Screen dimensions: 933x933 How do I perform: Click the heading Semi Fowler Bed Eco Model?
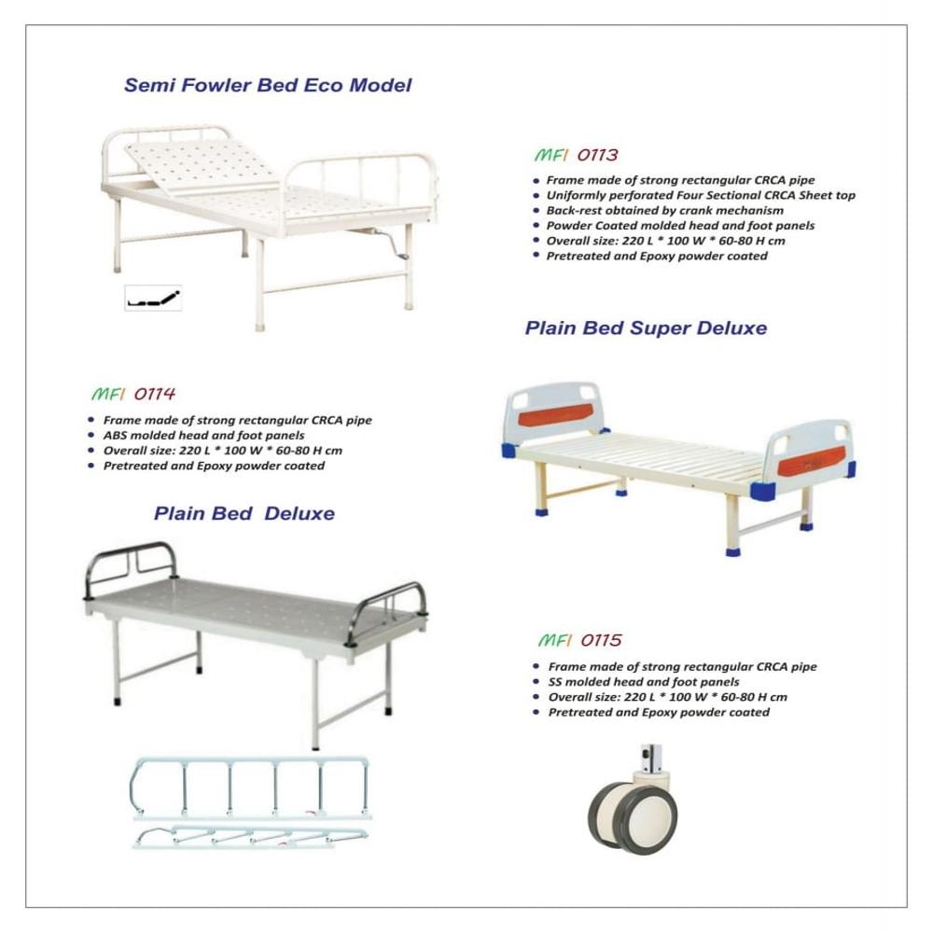pos(268,86)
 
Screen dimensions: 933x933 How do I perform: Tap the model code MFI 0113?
pos(576,155)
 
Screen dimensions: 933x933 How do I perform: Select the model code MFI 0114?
pos(133,394)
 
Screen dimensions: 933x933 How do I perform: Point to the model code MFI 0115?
pos(579,641)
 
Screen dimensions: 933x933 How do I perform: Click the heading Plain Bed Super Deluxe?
pos(646,328)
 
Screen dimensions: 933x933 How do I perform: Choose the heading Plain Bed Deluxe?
pos(244,513)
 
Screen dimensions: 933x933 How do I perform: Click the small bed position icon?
pos(153,299)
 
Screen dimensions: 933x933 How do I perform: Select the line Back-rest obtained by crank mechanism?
pos(664,211)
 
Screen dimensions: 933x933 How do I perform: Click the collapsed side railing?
pos(250,836)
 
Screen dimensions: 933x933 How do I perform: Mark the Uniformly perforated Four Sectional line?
pos(700,196)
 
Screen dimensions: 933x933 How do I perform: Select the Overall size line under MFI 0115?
pos(667,697)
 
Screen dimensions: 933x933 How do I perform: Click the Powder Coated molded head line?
pos(680,226)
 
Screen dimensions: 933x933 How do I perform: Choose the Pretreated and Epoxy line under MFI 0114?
pos(214,466)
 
